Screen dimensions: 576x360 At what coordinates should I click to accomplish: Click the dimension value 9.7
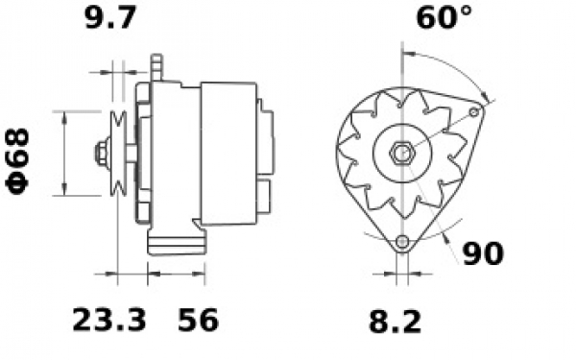point(110,17)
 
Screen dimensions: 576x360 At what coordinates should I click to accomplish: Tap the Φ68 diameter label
point(17,161)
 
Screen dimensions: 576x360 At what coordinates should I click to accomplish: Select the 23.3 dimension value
point(109,321)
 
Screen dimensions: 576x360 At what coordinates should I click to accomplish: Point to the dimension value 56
point(198,321)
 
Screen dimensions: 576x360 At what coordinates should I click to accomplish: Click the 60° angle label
point(444,17)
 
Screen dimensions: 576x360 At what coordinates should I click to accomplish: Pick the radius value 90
point(482,253)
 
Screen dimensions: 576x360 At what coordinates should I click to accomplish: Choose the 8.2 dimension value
point(395,322)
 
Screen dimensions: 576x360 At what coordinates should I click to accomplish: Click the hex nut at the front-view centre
point(403,153)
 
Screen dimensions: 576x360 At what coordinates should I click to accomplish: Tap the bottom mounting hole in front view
point(403,241)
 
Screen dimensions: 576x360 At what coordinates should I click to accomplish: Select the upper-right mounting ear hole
point(474,112)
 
